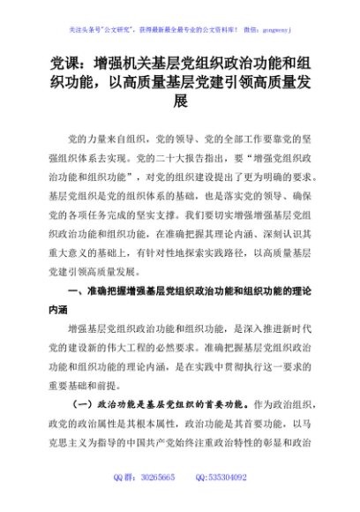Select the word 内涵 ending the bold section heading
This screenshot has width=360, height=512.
tap(59, 311)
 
